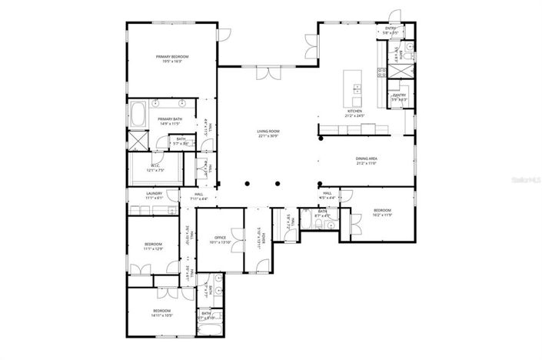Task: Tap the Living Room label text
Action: (268, 132)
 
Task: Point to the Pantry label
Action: (399, 96)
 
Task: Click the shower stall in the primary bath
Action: (137, 142)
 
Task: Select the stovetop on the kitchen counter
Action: (381, 73)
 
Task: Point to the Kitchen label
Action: (354, 112)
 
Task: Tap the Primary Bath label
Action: (170, 120)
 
